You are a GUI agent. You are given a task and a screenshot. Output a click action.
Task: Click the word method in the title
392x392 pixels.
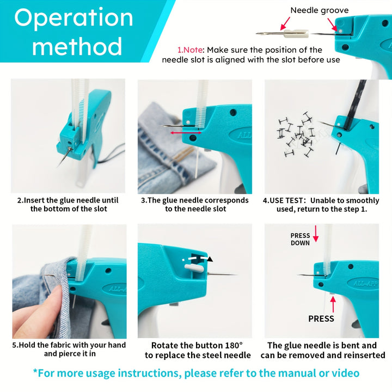click(77, 46)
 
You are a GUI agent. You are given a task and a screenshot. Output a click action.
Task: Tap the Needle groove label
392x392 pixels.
click(319, 10)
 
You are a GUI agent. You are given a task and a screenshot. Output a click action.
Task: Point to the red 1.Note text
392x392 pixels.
click(190, 50)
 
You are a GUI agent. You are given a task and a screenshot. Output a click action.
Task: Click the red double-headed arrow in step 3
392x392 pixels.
click(186, 133)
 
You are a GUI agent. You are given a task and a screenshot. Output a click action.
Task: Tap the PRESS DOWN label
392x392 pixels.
click(300, 239)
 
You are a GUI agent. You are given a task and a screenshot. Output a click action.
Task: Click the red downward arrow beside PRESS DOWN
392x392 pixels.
click(316, 234)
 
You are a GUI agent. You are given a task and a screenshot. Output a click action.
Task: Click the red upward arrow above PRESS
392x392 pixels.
click(333, 304)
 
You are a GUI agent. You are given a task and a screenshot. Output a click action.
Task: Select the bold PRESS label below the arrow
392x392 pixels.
click(321, 318)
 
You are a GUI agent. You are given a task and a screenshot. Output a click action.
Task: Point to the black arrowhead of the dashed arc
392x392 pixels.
click(210, 259)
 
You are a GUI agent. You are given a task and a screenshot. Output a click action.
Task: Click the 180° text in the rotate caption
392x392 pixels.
click(234, 346)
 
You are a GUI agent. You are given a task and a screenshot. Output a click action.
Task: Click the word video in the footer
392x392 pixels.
click(346, 373)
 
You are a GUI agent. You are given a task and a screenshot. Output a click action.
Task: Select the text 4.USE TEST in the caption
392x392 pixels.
click(283, 200)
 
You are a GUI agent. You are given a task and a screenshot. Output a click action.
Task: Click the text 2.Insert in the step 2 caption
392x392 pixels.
click(31, 200)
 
